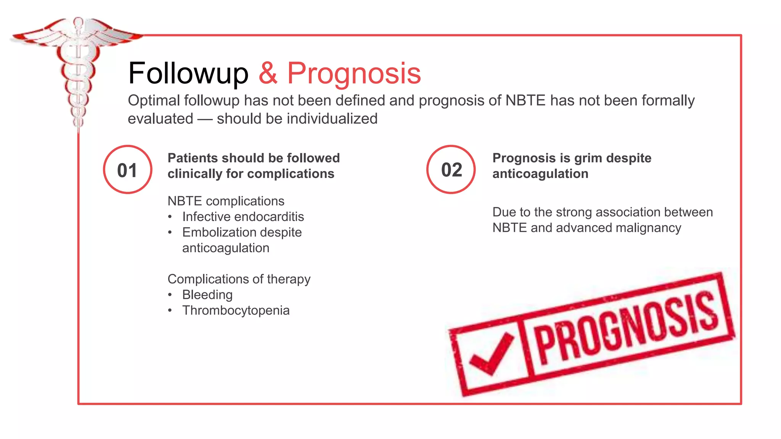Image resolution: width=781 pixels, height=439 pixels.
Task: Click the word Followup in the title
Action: [188, 73]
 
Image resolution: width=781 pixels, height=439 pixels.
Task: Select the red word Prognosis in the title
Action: [354, 73]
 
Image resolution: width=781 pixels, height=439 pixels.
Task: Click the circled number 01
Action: [127, 170]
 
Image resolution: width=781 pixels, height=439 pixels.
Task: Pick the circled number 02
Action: [451, 170]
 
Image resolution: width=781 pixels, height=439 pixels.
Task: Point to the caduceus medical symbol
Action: [78, 65]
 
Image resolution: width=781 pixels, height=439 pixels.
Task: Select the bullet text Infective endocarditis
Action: [243, 216]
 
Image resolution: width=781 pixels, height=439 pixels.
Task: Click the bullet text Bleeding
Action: [207, 295]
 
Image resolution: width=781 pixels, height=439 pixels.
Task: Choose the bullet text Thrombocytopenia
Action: [236, 310]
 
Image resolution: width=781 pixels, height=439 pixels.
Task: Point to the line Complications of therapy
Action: [239, 279]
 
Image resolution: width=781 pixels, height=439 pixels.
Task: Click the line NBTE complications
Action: [226, 201]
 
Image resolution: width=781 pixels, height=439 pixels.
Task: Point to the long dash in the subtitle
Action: [205, 119]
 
